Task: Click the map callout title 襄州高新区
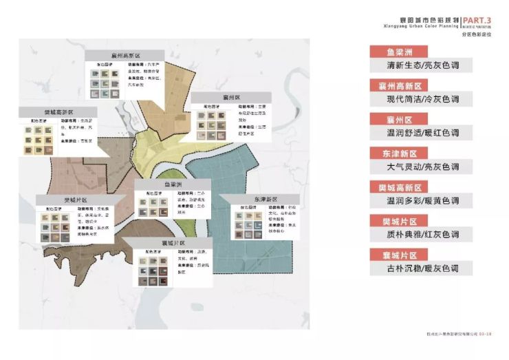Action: [x=126, y=56]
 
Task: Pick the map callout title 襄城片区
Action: [x=164, y=244]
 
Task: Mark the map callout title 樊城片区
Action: [x=76, y=200]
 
